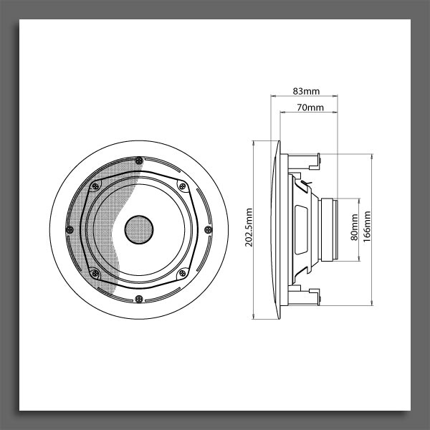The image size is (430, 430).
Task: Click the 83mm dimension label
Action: (x=306, y=91)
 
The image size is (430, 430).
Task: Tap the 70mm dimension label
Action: (x=310, y=107)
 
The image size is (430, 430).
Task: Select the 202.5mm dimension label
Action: (x=249, y=227)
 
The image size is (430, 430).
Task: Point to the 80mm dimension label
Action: (x=354, y=227)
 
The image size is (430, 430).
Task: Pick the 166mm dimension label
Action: (x=367, y=226)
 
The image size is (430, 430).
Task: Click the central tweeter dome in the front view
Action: (x=139, y=229)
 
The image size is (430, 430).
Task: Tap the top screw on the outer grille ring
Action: (x=139, y=161)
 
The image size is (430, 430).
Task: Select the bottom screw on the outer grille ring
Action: (x=139, y=299)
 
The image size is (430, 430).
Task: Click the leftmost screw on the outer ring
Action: (x=70, y=229)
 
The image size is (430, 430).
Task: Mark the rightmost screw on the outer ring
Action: (x=208, y=229)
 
